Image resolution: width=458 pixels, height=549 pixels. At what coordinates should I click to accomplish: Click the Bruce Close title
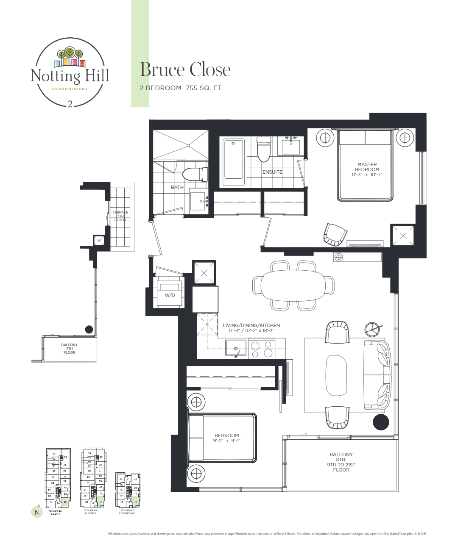tap(185, 70)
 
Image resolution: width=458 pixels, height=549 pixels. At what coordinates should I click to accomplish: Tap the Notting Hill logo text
tap(70, 76)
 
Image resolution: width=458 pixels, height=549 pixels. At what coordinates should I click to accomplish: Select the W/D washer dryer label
tap(170, 295)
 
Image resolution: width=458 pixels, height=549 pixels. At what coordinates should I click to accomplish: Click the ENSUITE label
tap(272, 172)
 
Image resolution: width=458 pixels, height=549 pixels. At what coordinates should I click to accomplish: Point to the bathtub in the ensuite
tap(233, 159)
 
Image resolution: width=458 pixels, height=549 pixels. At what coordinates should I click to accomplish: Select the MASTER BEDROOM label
tap(367, 169)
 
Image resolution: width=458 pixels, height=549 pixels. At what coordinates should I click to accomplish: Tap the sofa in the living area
tap(377, 374)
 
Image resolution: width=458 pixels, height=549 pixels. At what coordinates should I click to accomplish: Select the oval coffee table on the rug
tap(337, 375)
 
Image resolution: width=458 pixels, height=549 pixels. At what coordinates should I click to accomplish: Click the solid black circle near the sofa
tap(380, 422)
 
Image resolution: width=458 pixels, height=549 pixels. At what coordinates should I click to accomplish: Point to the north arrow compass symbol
tap(37, 512)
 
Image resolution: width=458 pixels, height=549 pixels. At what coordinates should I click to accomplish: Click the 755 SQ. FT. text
tap(204, 88)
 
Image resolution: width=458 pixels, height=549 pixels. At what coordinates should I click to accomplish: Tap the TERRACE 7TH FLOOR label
tap(120, 216)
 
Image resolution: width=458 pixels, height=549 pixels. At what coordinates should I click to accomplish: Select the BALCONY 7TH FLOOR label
tap(70, 349)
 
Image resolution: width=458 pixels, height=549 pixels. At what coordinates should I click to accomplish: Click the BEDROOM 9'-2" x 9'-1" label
tap(226, 438)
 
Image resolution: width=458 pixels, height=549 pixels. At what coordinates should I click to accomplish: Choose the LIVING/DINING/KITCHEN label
tap(251, 328)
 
